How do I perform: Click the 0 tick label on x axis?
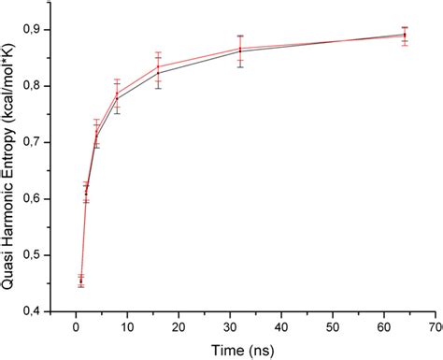(76, 326)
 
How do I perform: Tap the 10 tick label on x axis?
(127, 326)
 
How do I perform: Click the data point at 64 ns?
(405, 35)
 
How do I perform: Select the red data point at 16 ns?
(158, 65)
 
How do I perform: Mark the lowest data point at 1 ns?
(80, 281)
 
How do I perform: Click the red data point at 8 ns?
(117, 93)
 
